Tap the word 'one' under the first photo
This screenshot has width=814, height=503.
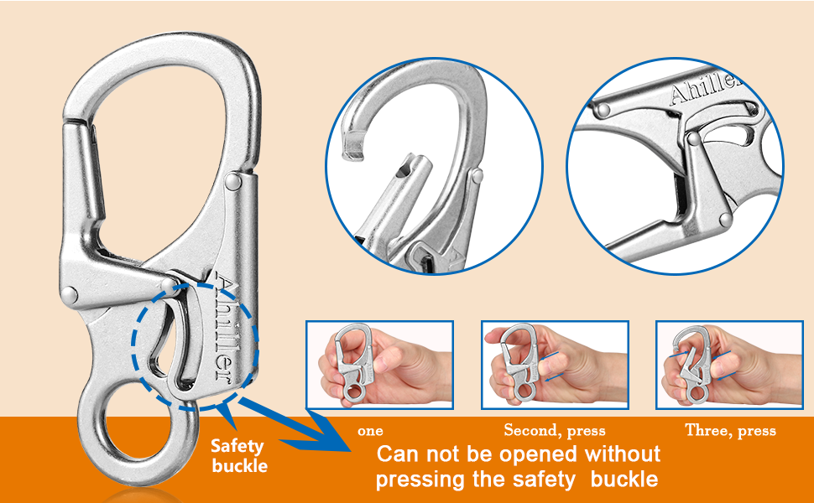point(370,431)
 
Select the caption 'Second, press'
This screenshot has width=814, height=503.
point(554,431)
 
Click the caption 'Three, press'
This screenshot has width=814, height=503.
point(730,431)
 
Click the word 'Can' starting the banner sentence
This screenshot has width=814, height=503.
point(398,454)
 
